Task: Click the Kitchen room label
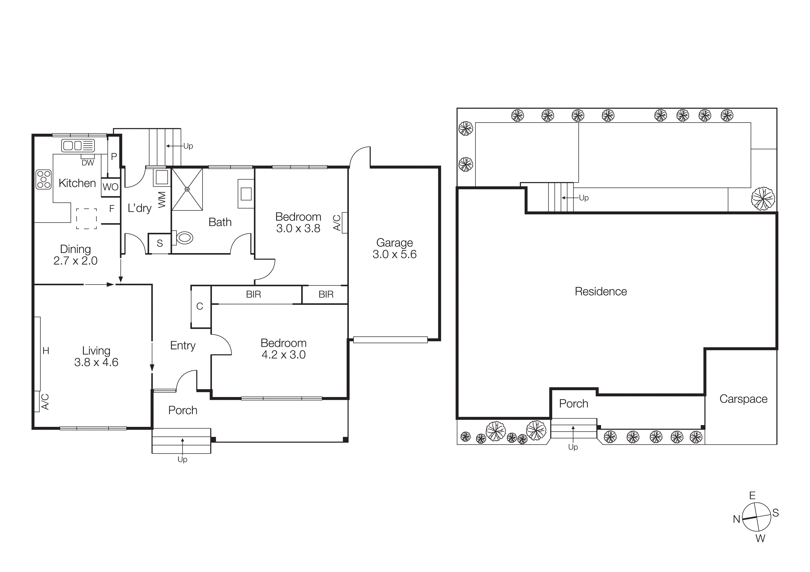[x=77, y=183]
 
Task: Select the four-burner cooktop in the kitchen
[x=44, y=179]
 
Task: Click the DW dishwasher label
[x=88, y=163]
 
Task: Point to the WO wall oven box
[x=111, y=187]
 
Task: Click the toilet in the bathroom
[x=183, y=237]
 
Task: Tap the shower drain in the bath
[x=187, y=189]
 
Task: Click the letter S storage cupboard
[x=160, y=243]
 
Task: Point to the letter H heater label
[x=46, y=351]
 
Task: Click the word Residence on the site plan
[x=601, y=291]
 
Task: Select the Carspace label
[x=743, y=399]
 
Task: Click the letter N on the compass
[x=736, y=519]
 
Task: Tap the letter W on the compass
[x=760, y=539]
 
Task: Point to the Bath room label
[x=220, y=222]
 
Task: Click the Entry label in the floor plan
[x=183, y=346]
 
